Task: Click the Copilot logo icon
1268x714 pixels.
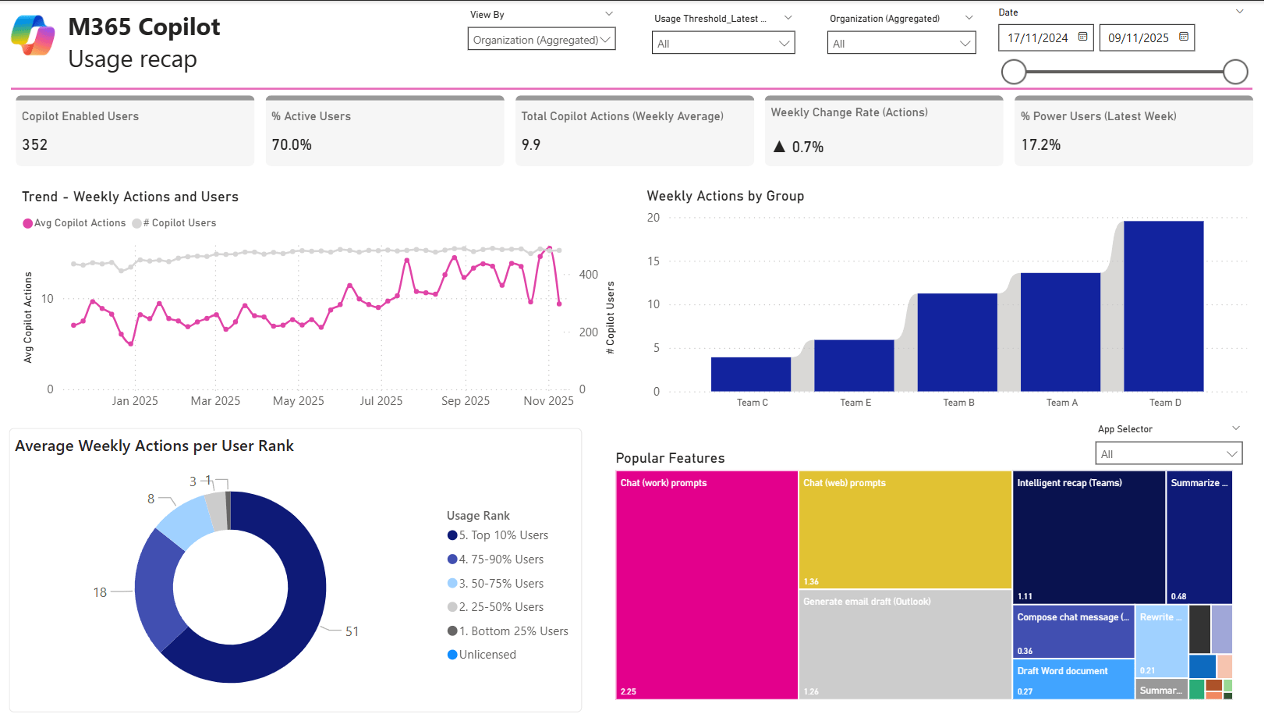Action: click(x=33, y=36)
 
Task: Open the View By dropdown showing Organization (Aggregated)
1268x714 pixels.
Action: click(x=541, y=40)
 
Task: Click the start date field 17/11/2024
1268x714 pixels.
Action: click(x=1038, y=38)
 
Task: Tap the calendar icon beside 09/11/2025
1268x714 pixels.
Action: click(x=1184, y=37)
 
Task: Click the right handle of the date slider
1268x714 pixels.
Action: click(x=1235, y=72)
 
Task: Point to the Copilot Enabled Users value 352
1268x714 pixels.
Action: click(x=35, y=145)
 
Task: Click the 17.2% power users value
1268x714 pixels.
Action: click(x=1041, y=145)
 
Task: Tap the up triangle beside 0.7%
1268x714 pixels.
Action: click(x=779, y=147)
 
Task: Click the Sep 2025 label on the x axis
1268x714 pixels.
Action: click(x=466, y=401)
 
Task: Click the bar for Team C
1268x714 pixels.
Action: click(x=751, y=374)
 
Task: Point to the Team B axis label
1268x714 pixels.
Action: click(x=958, y=403)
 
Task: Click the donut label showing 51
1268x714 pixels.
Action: click(x=352, y=631)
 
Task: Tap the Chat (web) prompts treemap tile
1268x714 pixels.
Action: click(x=905, y=530)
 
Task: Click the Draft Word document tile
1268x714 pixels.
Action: click(x=1073, y=679)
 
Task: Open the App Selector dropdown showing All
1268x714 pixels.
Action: click(x=1168, y=454)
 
